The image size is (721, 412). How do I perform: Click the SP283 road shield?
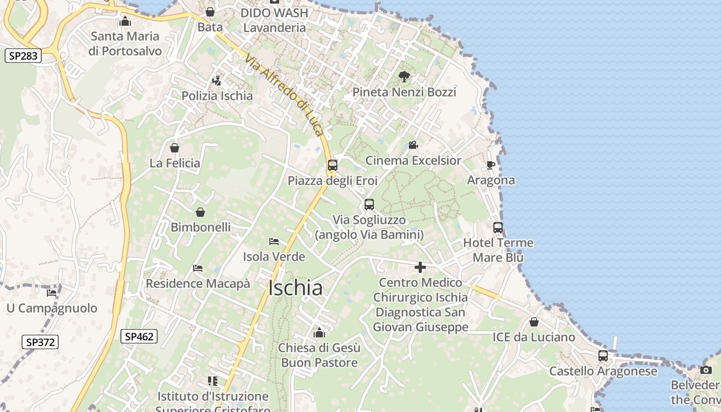(x=23, y=56)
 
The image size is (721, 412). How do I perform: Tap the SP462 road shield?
(x=139, y=337)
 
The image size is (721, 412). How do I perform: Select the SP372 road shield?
(x=41, y=342)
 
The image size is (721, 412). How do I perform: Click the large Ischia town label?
(x=296, y=288)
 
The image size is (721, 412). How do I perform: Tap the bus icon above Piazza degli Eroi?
(x=333, y=165)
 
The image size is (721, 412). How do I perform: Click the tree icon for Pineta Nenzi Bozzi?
(x=404, y=77)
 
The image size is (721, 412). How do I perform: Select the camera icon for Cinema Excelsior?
(x=413, y=145)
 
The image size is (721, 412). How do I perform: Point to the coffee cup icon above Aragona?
(x=490, y=165)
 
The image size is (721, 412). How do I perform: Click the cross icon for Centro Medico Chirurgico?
(x=420, y=267)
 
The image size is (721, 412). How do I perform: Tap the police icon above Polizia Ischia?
(x=217, y=81)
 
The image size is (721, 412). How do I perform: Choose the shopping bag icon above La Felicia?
(x=175, y=148)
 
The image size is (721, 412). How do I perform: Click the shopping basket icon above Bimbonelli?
(x=200, y=212)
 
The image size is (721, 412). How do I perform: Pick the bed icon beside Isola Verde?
(x=274, y=242)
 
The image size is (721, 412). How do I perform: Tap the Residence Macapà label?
(x=198, y=283)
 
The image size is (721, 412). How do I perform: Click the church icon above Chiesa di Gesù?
(x=319, y=333)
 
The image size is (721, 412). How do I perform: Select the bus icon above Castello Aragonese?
(x=603, y=355)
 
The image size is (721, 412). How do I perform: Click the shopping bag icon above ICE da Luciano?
(x=534, y=322)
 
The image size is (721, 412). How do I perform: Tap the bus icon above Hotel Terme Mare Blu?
(x=498, y=227)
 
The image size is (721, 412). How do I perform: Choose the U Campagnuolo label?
(x=51, y=308)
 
